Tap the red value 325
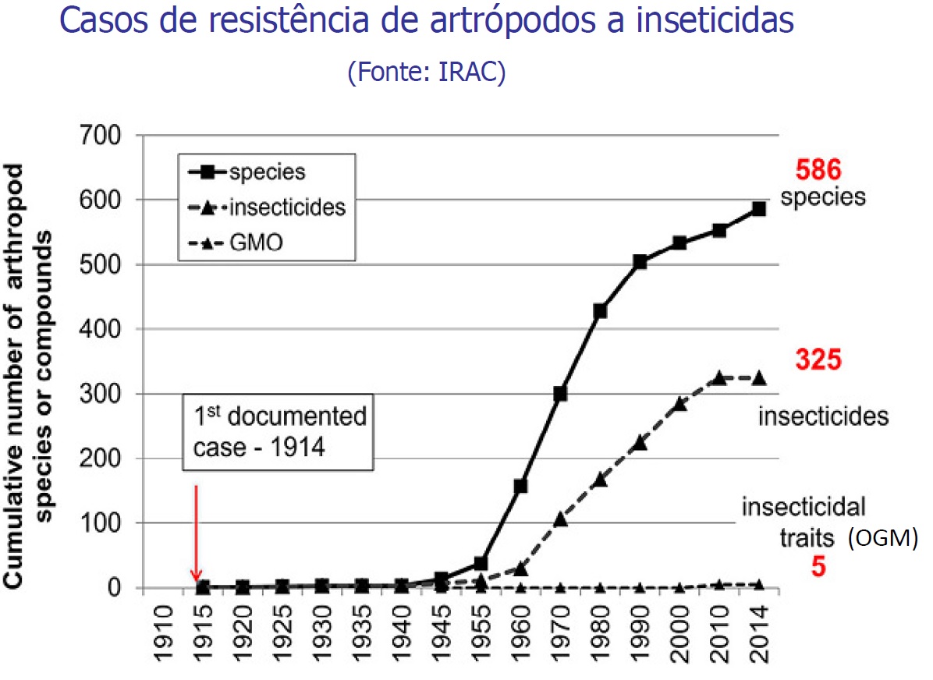(818, 362)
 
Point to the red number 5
(818, 566)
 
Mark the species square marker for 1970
(560, 394)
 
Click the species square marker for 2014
(759, 209)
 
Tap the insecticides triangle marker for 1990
(640, 442)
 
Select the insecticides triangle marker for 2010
(719, 377)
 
